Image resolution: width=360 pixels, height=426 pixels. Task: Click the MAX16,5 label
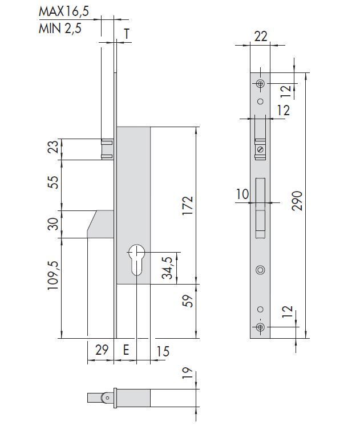[64, 11]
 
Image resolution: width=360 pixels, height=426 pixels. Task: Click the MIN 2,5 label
[60, 29]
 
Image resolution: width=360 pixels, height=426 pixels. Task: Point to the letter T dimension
[127, 34]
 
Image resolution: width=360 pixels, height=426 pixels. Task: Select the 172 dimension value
[188, 205]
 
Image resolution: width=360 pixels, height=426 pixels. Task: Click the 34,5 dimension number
[167, 268]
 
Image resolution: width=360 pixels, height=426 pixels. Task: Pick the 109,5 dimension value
[53, 275]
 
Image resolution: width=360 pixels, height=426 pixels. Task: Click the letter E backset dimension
[126, 350]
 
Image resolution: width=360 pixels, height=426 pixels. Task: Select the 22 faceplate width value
[261, 36]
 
